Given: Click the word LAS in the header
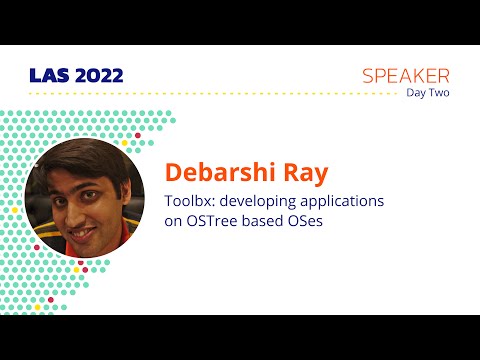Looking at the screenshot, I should click(x=44, y=76).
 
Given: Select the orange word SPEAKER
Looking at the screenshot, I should click(x=405, y=76).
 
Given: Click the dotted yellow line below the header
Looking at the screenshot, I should click(x=200, y=93).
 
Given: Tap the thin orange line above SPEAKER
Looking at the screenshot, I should click(x=404, y=62).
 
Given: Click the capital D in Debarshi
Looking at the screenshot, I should click(x=172, y=172).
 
